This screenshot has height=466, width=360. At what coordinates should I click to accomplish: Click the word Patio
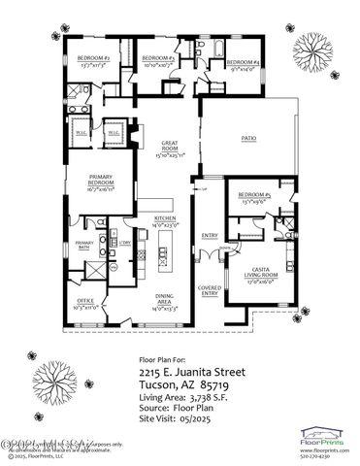click(x=248, y=139)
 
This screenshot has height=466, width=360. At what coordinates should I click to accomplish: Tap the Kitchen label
click(x=164, y=222)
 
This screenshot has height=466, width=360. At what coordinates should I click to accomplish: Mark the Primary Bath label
click(x=84, y=246)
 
